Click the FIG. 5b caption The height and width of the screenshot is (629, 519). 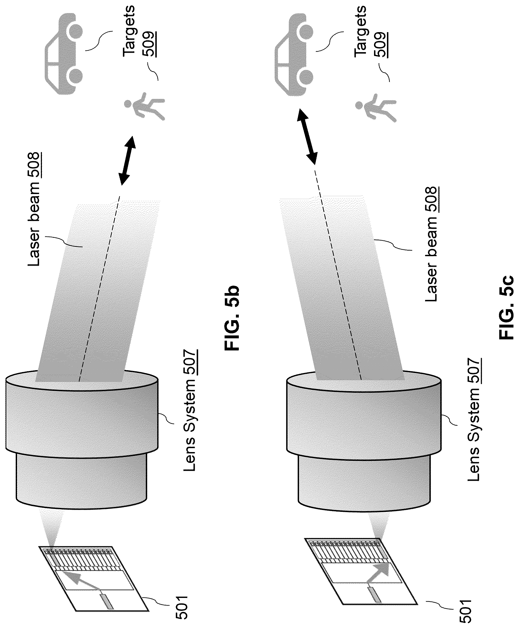(232, 318)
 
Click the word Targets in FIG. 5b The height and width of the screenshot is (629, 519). (129, 31)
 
